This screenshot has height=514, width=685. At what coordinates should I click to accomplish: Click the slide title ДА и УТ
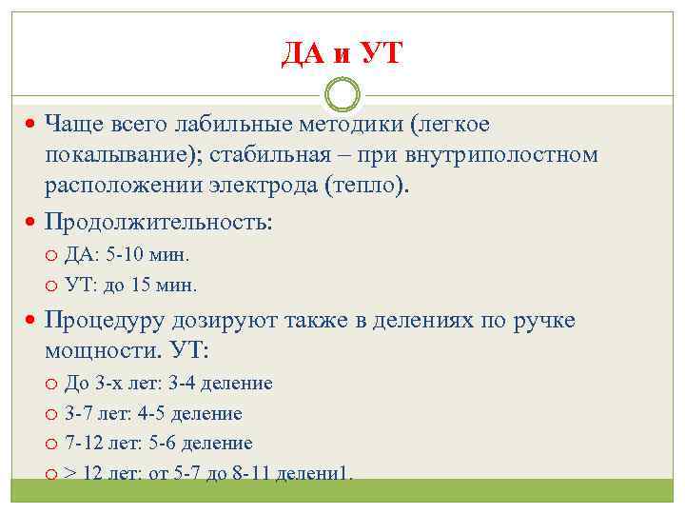point(342,53)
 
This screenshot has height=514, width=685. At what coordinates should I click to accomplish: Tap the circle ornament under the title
point(342,95)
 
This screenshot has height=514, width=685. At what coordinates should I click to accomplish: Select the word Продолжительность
point(158,222)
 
